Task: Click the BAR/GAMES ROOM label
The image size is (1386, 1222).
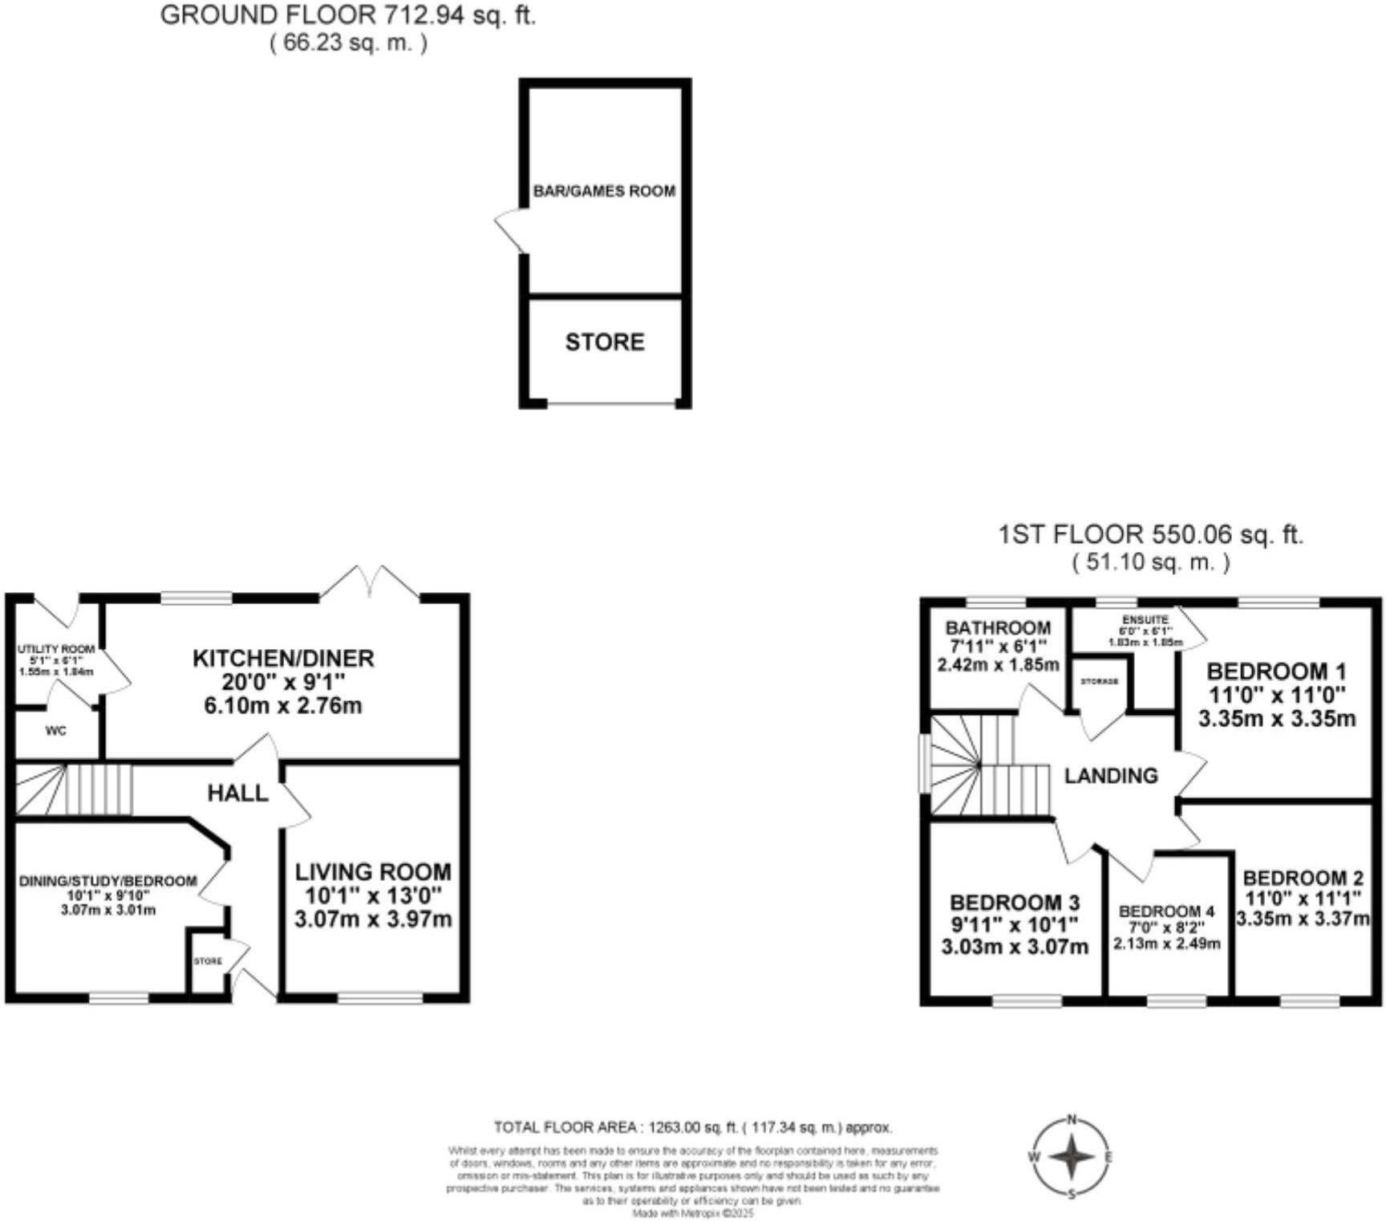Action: [x=604, y=191]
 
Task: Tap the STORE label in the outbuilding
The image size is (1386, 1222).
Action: [x=605, y=343]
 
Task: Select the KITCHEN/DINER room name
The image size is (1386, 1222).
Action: [x=283, y=659]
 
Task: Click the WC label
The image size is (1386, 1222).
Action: [x=56, y=731]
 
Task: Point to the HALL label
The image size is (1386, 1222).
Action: [x=237, y=794]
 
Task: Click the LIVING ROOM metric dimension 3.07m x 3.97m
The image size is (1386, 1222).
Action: [x=373, y=919]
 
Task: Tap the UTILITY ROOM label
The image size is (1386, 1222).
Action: [x=56, y=648]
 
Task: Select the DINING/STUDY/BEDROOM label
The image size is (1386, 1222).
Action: [x=107, y=881]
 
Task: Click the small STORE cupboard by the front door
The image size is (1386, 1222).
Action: [x=208, y=960]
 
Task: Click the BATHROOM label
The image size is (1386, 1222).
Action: [x=998, y=628]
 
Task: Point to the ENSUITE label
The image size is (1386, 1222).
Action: [x=1145, y=620]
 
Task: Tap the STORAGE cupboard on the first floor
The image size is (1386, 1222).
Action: [x=1099, y=681]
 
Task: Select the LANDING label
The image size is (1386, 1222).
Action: [x=1111, y=776]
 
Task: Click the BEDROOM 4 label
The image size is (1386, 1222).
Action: [x=1167, y=911]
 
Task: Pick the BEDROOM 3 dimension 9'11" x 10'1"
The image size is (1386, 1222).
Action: [x=1015, y=925]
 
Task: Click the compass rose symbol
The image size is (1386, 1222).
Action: [x=1071, y=1157]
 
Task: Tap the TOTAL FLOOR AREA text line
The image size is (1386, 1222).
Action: [x=693, y=1127]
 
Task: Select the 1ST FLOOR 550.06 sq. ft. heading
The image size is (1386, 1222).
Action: [x=1150, y=534]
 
